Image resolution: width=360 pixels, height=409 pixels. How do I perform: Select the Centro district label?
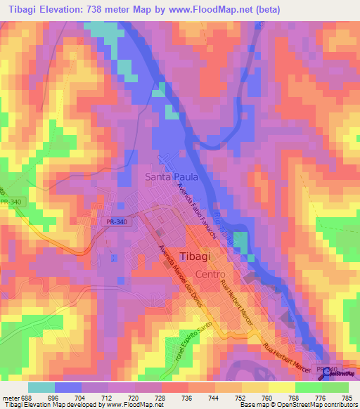(x=210, y=274)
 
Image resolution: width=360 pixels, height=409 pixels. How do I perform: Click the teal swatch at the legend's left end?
(x=41, y=387)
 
